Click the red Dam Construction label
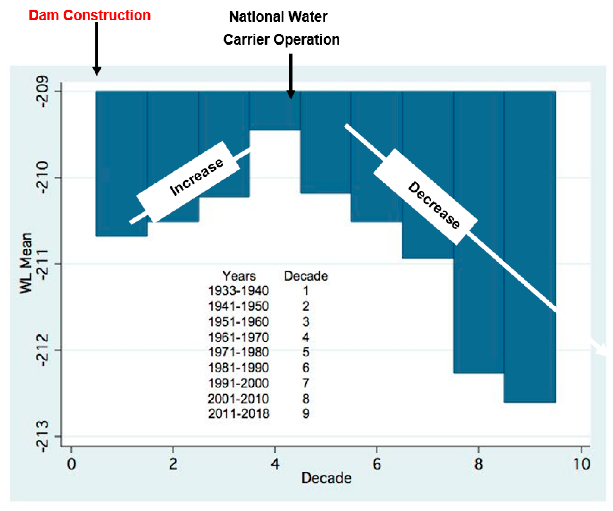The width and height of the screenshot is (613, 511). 89,15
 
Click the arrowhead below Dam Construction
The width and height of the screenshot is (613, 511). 97,71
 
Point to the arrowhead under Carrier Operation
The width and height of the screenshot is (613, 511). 290,94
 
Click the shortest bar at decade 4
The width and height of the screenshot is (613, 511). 275,111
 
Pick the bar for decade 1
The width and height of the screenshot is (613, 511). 121,164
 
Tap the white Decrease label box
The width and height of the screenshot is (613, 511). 425,196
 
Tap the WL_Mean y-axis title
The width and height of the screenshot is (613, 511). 26,263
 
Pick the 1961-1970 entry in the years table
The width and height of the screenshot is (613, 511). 238,337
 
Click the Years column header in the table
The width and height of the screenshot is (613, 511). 239,276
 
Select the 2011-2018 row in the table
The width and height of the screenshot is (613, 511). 238,413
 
